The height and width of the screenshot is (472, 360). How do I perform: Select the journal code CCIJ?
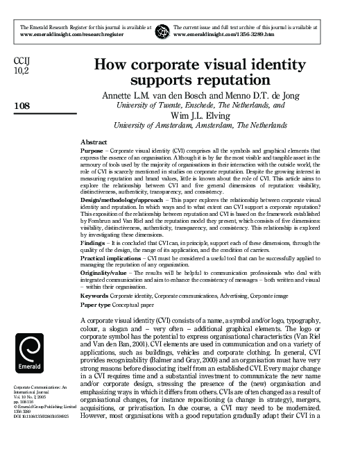pyautogui.click(x=22, y=61)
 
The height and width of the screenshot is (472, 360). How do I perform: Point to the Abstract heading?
pyautogui.click(x=94, y=141)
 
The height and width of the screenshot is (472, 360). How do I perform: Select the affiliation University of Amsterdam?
pyautogui.click(x=151, y=126)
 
